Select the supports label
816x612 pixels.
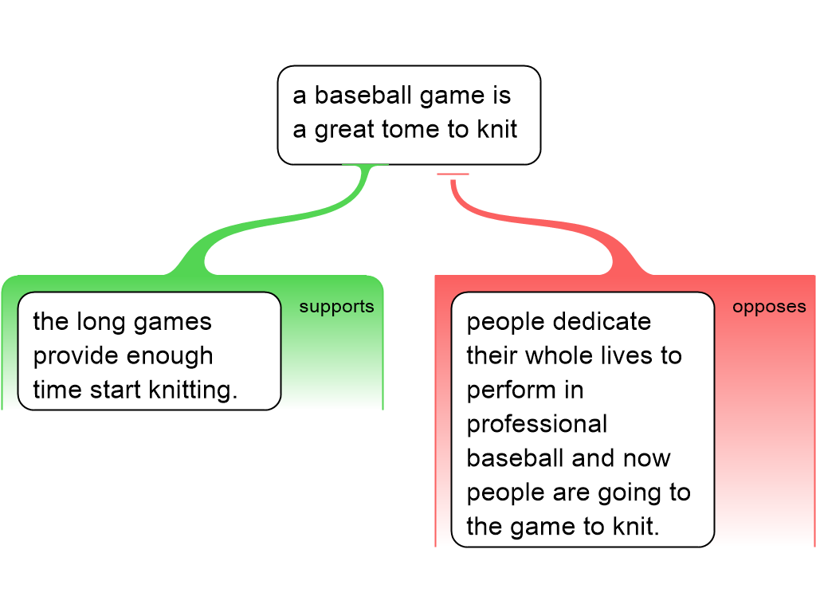tap(336, 307)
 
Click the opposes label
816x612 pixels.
tap(769, 307)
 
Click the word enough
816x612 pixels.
tap(168, 356)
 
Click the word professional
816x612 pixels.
tap(537, 424)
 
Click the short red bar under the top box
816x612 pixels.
tap(453, 174)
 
